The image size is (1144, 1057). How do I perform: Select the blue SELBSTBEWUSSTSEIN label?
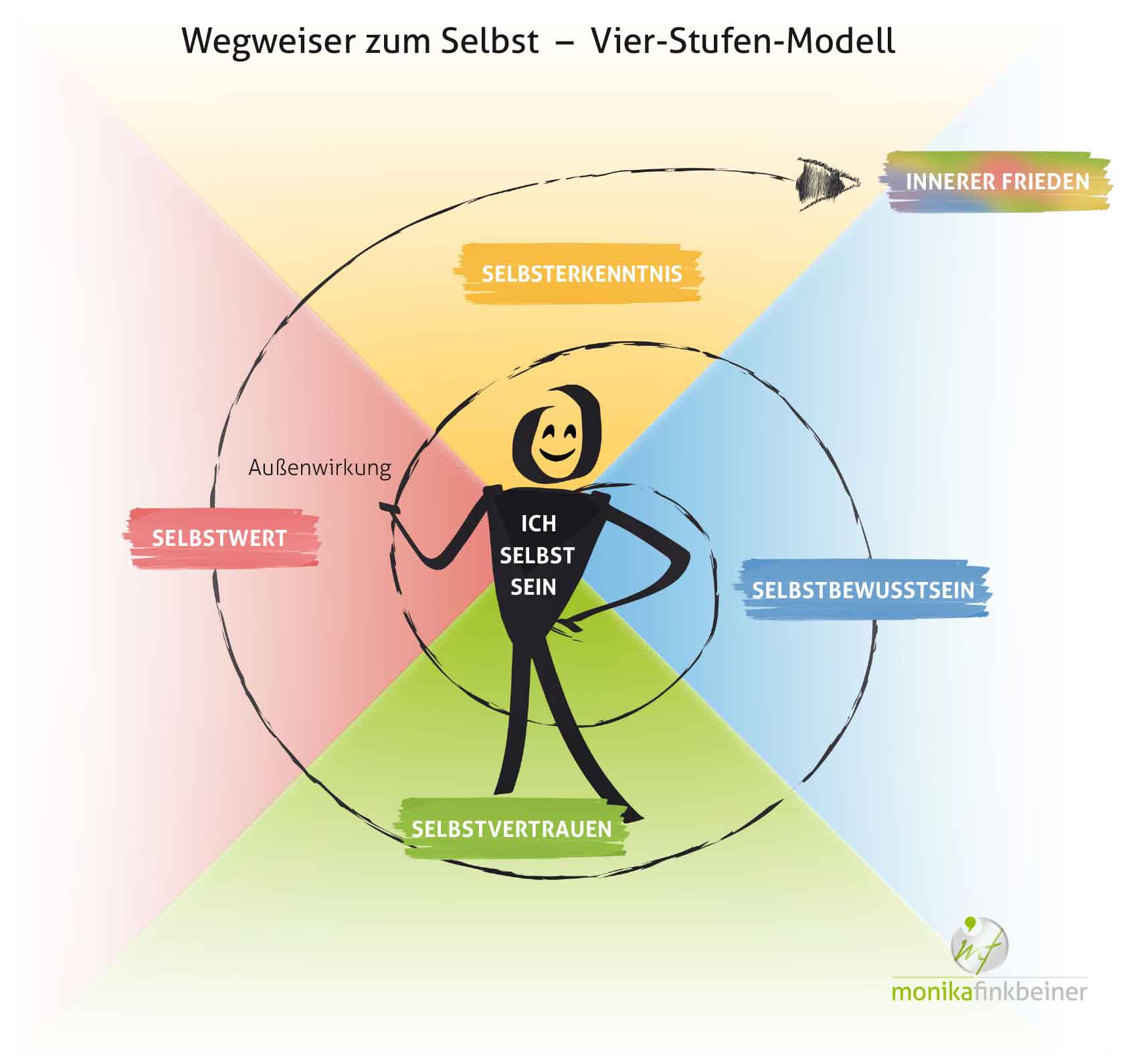click(x=863, y=590)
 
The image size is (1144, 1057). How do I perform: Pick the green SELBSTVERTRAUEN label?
click(x=512, y=829)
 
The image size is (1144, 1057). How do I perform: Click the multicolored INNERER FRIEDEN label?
click(x=997, y=181)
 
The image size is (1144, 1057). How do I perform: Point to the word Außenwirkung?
click(x=320, y=467)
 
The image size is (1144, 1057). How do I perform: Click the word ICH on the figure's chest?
click(x=539, y=523)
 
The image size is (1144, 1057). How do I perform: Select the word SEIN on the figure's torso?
click(x=533, y=587)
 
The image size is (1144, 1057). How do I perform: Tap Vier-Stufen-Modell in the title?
click(x=743, y=41)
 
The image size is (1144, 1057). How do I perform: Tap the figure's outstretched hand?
click(x=390, y=508)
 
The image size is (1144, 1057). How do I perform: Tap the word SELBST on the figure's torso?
click(x=537, y=555)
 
